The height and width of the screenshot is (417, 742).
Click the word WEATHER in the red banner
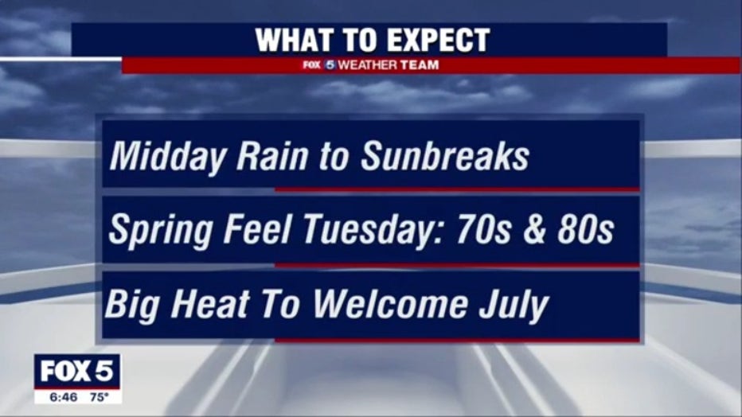pyautogui.click(x=368, y=64)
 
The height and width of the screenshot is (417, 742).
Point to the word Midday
pyautogui.click(x=167, y=157)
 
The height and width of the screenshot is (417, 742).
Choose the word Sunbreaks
pyautogui.click(x=445, y=156)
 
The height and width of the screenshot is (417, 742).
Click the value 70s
pyautogui.click(x=483, y=230)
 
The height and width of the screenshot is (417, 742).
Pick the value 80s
pyautogui.click(x=585, y=230)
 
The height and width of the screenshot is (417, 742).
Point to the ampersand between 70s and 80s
pyautogui.click(x=534, y=230)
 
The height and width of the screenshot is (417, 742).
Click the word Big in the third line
pyautogui.click(x=132, y=306)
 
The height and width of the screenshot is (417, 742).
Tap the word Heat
pyautogui.click(x=209, y=304)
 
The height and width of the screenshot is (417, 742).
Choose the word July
pyautogui.click(x=514, y=306)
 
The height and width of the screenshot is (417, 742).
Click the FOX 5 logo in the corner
pyautogui.click(x=77, y=371)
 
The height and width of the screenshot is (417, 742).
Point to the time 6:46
pyautogui.click(x=64, y=397)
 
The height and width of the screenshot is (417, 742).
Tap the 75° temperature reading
pyautogui.click(x=100, y=397)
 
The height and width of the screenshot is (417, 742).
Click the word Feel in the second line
pyautogui.click(x=257, y=230)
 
